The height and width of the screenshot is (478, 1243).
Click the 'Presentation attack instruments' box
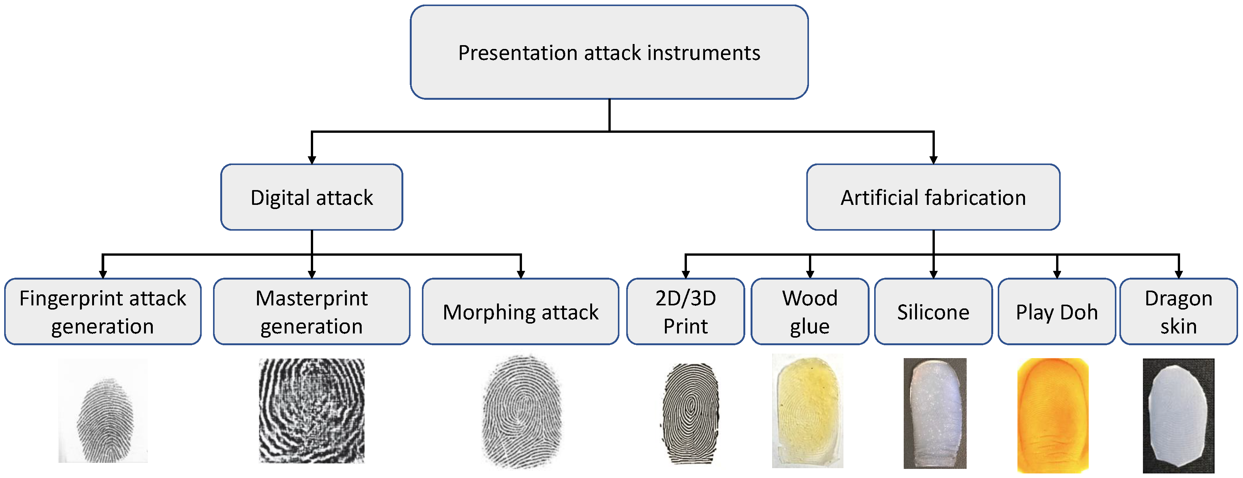[x=609, y=52]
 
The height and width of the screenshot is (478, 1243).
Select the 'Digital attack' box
[x=312, y=197]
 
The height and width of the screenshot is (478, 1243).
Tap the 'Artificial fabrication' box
[x=933, y=197]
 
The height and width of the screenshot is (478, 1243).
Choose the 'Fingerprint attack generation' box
[x=103, y=311]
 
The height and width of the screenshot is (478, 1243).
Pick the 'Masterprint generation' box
[x=312, y=311]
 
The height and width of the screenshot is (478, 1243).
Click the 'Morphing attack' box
[x=520, y=311]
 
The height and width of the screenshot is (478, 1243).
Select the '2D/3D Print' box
[x=685, y=311]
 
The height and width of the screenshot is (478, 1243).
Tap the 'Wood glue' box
[x=810, y=311]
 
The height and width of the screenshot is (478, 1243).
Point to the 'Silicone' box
[x=933, y=311]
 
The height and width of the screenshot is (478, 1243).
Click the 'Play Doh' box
[x=1057, y=311]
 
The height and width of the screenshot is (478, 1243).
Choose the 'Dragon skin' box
[x=1178, y=311]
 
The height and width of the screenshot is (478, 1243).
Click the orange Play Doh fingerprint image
[x=1053, y=415]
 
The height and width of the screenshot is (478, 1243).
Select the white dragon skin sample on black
[x=1178, y=415]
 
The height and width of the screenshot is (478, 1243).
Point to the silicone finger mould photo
[x=935, y=413]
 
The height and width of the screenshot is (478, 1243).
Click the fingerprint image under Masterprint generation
[x=312, y=410]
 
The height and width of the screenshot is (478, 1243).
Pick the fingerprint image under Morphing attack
[x=522, y=411]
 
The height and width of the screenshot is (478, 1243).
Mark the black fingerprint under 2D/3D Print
[x=690, y=413]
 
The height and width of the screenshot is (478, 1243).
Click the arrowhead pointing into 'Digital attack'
[x=312, y=160]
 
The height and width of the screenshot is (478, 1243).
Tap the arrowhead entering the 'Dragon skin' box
[x=1179, y=274]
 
